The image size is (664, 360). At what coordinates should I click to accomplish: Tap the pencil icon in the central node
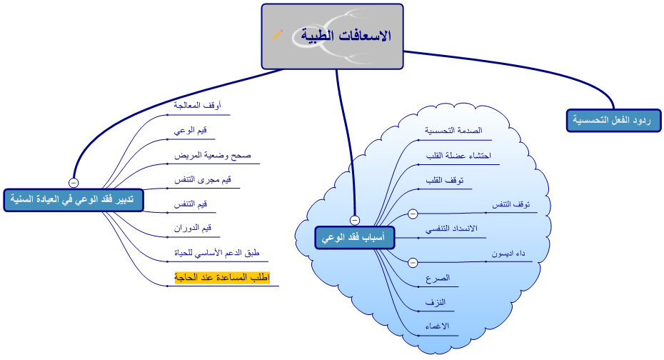click(x=277, y=35)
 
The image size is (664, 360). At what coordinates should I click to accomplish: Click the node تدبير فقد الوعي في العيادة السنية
click(x=74, y=200)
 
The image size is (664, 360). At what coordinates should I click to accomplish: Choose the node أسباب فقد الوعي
click(x=354, y=238)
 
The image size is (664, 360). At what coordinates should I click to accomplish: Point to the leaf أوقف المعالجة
click(x=197, y=106)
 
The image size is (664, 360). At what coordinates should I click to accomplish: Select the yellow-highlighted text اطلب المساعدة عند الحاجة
click(x=222, y=277)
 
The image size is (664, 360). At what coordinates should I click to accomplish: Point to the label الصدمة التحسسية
click(x=453, y=131)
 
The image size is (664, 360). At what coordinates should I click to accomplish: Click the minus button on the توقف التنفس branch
click(x=413, y=213)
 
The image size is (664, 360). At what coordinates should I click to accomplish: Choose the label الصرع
click(x=438, y=278)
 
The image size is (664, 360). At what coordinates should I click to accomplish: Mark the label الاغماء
click(x=436, y=326)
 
